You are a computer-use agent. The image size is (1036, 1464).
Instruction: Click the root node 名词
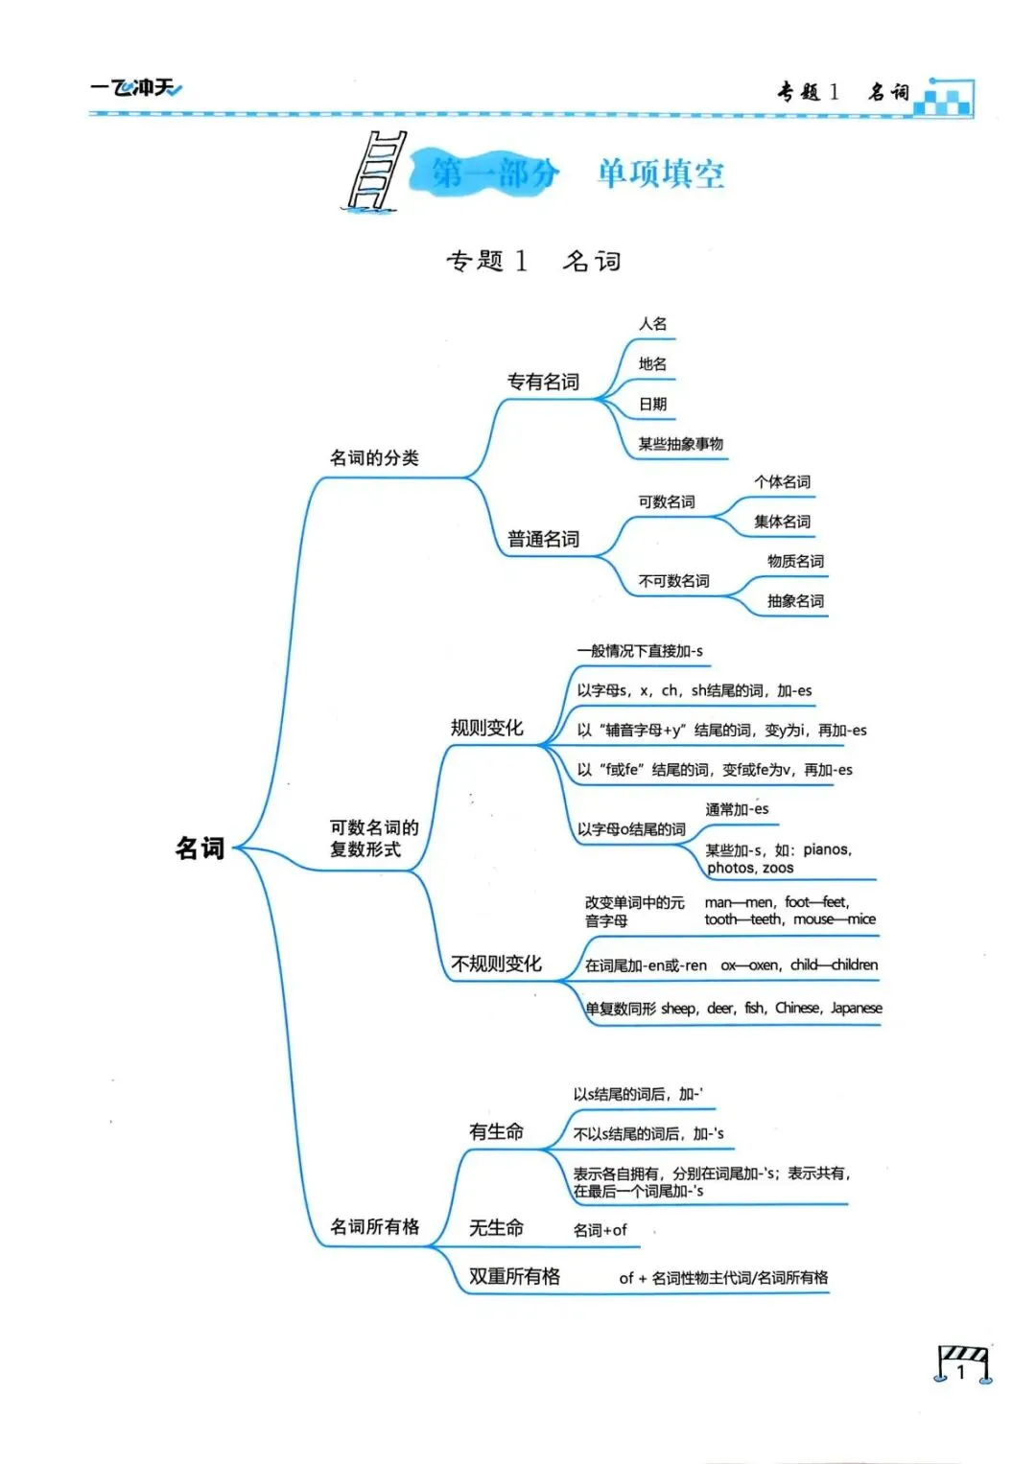(200, 848)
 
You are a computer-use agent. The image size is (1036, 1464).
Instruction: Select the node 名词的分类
(374, 458)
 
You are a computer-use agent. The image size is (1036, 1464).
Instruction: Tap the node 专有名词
(543, 383)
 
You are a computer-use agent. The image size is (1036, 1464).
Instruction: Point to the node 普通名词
(543, 540)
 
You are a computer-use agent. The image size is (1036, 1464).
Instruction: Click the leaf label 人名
(653, 324)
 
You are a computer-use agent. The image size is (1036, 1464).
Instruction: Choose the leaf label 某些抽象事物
(681, 444)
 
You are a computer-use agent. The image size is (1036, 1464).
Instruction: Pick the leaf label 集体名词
(782, 522)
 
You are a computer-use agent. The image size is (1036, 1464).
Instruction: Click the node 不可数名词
(674, 581)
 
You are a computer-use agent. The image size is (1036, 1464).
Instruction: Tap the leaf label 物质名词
(795, 561)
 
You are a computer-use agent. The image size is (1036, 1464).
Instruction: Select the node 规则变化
(487, 728)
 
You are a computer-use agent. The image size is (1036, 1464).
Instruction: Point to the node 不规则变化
(496, 964)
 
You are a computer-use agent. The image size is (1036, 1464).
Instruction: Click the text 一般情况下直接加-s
(640, 651)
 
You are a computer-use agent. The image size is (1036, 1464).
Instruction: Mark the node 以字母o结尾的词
(631, 829)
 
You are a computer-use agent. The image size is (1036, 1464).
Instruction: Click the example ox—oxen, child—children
(799, 965)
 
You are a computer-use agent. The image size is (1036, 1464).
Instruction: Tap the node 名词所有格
(374, 1227)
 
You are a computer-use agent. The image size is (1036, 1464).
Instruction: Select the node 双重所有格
(514, 1277)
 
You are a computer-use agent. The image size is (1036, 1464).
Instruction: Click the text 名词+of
(600, 1230)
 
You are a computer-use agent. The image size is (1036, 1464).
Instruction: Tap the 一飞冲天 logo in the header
(136, 89)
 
